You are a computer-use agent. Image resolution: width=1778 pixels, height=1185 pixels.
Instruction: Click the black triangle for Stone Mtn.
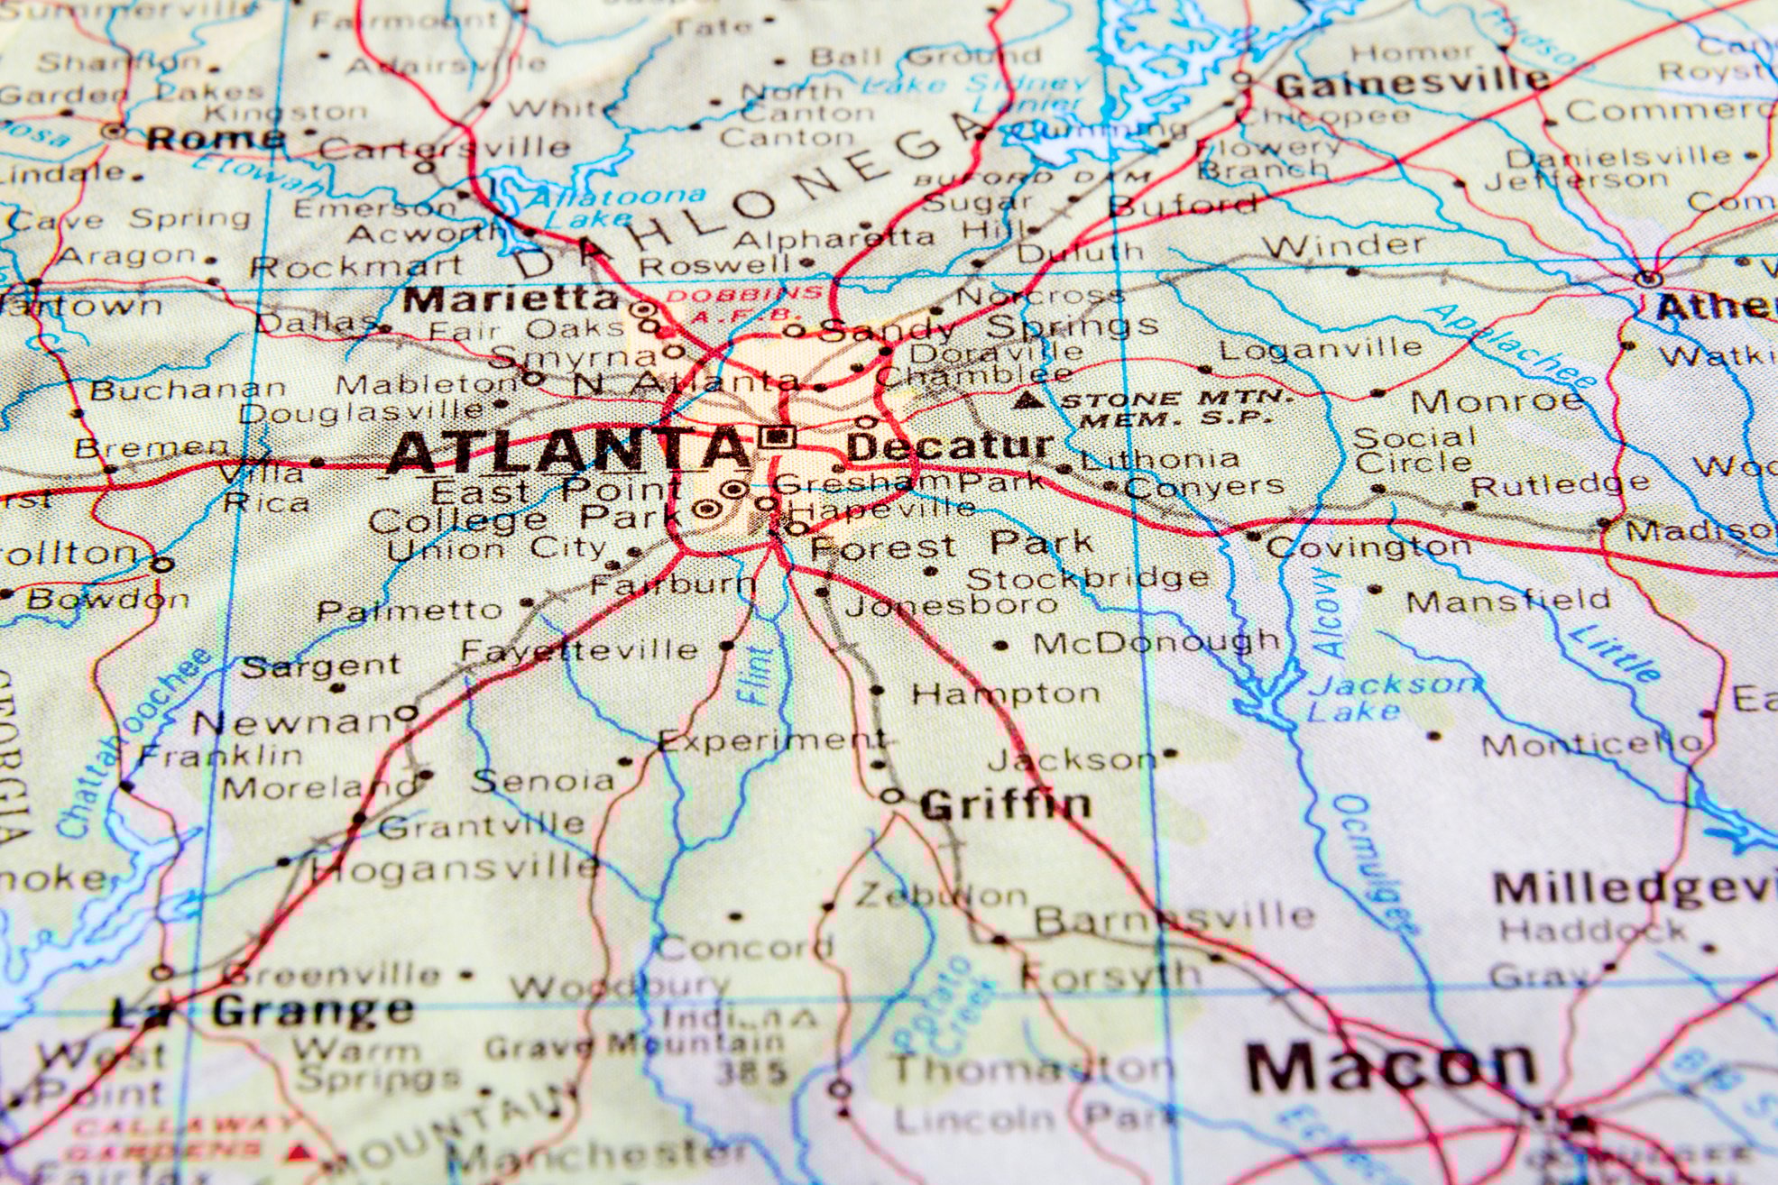pyautogui.click(x=1025, y=400)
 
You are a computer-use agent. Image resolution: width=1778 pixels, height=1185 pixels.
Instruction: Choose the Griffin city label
pyautogui.click(x=1006, y=804)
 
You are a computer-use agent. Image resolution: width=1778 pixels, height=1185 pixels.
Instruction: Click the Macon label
pyautogui.click(x=1390, y=1066)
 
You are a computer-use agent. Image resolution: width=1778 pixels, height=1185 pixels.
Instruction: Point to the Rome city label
pyautogui.click(x=216, y=139)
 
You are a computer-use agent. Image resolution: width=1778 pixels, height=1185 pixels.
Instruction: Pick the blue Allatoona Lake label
pyautogui.click(x=613, y=206)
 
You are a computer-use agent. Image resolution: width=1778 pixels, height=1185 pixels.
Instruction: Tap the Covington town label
pyautogui.click(x=1368, y=547)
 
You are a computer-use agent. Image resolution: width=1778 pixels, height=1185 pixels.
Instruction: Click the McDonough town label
pyautogui.click(x=1156, y=643)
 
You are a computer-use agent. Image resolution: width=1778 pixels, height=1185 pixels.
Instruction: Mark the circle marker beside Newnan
pyautogui.click(x=408, y=713)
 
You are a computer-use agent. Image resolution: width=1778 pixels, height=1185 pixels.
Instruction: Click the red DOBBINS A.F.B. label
pyautogui.click(x=744, y=303)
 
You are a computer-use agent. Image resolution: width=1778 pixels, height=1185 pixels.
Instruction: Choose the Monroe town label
pyautogui.click(x=1497, y=401)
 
